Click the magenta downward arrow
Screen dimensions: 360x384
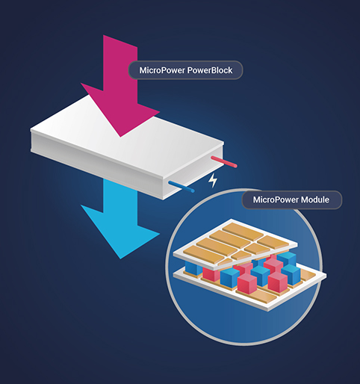click(120, 84)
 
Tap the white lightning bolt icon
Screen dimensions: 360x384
click(213, 180)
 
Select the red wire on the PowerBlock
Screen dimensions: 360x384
click(224, 161)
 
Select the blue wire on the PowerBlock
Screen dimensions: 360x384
click(181, 187)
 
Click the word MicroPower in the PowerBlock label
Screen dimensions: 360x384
click(162, 70)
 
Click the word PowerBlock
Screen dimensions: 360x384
click(210, 70)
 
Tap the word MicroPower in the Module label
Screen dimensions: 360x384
click(276, 199)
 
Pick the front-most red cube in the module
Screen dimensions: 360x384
click(247, 284)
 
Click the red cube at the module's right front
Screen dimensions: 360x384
click(278, 282)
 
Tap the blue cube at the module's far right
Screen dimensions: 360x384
click(291, 275)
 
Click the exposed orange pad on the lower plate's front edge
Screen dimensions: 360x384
click(264, 296)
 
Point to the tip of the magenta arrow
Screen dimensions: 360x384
click(120, 137)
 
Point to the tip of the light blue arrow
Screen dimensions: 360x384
click(120, 258)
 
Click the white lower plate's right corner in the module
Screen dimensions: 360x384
click(326, 276)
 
